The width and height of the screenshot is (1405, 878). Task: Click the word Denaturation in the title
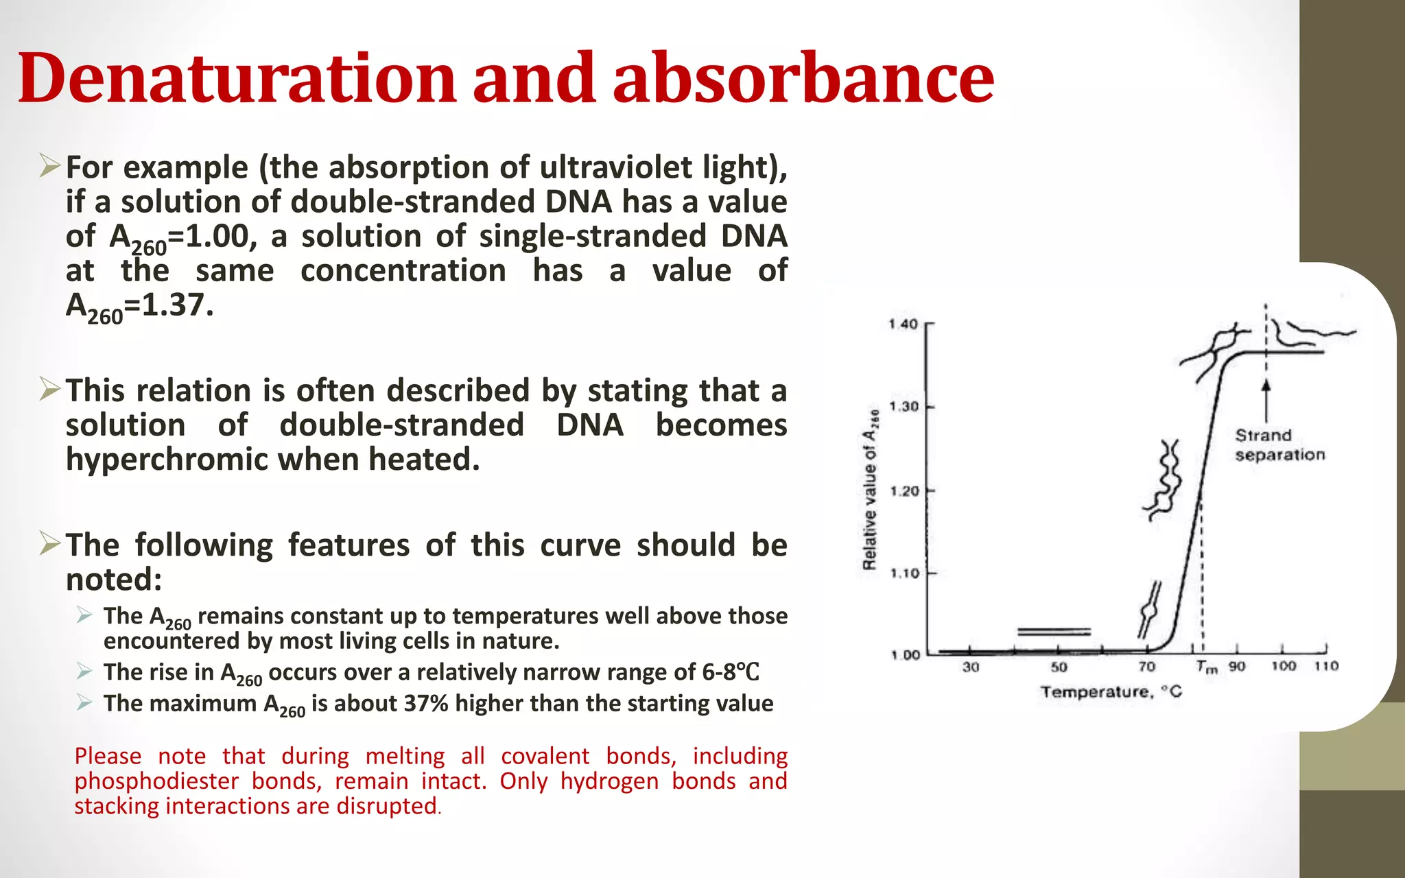coord(237,78)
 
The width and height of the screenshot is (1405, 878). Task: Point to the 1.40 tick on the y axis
coord(904,324)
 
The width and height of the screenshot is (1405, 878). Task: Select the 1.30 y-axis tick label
coord(904,407)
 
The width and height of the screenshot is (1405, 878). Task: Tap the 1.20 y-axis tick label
coord(904,491)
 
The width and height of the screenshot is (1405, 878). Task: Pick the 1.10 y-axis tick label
coord(904,573)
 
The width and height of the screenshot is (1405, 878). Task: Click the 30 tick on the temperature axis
coord(971,667)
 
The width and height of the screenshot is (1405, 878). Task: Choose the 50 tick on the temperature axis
coord(1059,667)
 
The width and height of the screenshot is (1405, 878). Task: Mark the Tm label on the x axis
coord(1206,667)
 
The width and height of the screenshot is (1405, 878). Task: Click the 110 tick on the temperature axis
coord(1326,666)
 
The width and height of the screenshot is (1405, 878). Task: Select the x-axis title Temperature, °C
coord(1111,691)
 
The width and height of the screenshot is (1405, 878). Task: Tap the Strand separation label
coord(1279,445)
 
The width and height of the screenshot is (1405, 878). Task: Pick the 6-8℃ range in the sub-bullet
coord(730,672)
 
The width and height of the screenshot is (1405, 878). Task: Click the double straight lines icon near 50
coord(1054,631)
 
